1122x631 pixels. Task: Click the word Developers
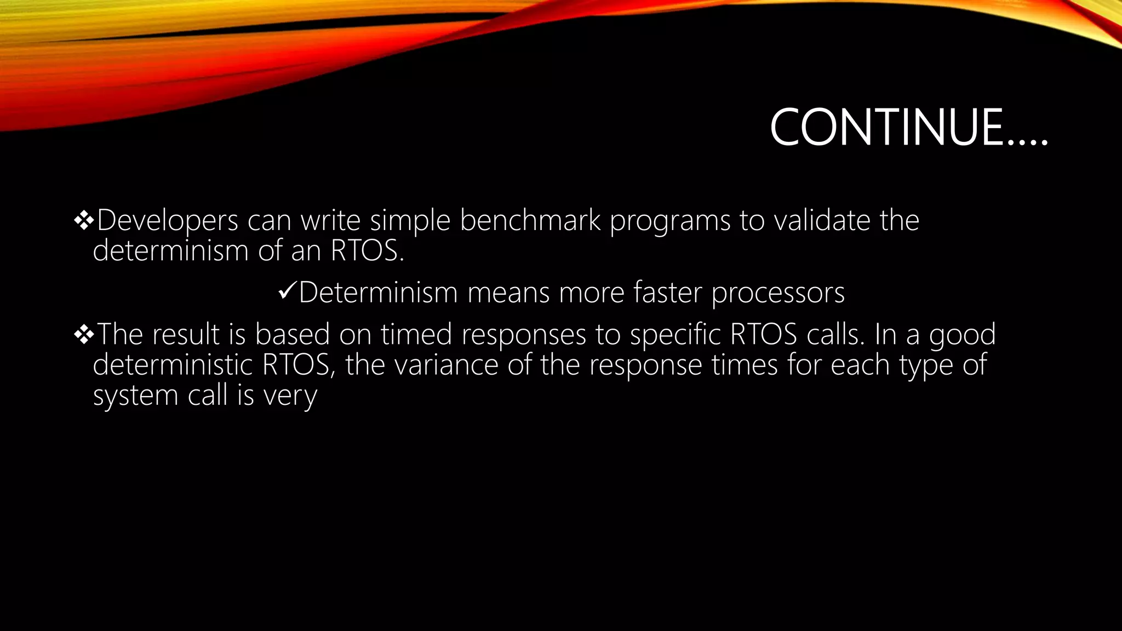167,220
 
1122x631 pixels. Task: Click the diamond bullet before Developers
84,220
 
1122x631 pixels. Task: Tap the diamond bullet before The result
84,334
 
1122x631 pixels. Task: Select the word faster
667,292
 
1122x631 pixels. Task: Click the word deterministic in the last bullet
173,365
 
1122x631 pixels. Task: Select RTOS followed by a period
367,251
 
